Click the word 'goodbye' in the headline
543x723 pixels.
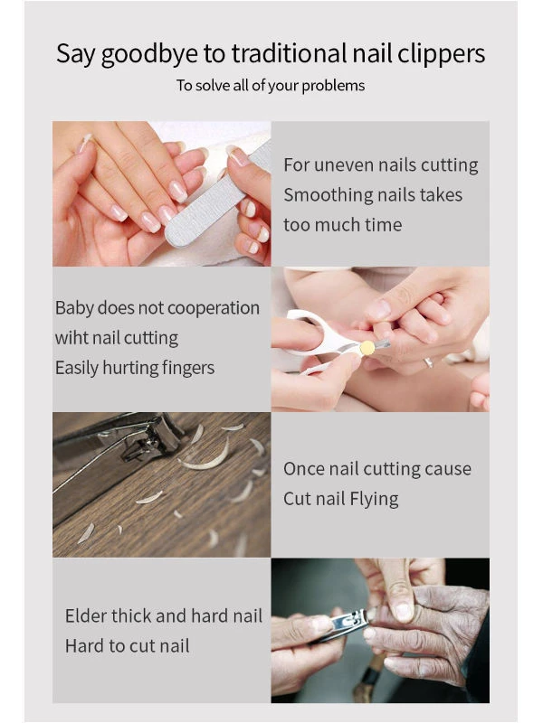tap(149, 54)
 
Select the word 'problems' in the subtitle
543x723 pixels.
tap(333, 86)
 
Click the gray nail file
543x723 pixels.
tap(219, 193)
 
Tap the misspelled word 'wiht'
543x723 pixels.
tap(71, 338)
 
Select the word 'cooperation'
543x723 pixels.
tap(214, 308)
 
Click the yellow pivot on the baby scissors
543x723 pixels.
tap(367, 347)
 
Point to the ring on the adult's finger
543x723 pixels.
tap(429, 362)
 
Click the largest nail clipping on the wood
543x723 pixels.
tap(206, 456)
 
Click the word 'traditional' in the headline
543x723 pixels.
tap(289, 53)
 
